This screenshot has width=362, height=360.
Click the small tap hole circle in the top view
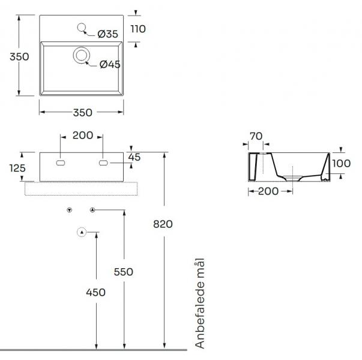tap(82, 26)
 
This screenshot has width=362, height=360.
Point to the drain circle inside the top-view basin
tap(80, 56)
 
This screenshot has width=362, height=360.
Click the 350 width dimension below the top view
tap(82, 112)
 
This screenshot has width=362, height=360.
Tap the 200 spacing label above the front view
tap(82, 135)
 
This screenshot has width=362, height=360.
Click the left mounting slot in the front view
tap(61, 162)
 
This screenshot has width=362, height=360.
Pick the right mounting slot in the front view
tap(103, 162)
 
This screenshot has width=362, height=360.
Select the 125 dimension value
tap(17, 169)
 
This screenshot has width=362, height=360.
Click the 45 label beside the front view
tap(134, 157)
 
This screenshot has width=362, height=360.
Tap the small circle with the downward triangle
tap(70, 209)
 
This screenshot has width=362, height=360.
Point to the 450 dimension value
tap(95, 292)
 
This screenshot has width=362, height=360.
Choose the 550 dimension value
tap(123, 272)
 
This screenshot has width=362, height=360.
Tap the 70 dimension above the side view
tap(256, 136)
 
